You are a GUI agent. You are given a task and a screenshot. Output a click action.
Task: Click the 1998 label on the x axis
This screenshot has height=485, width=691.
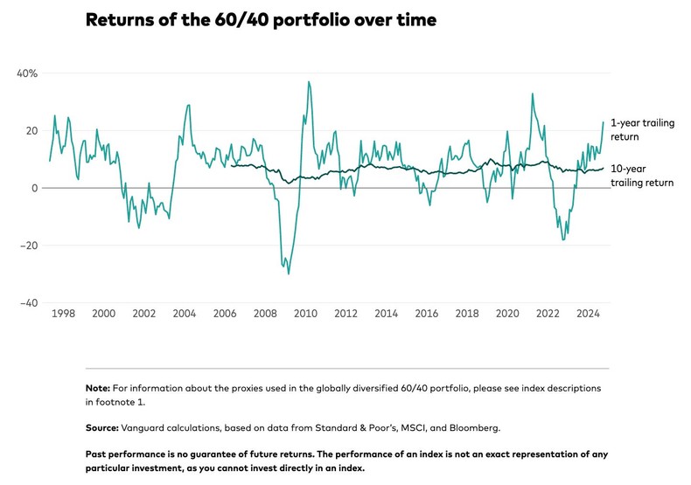pyautogui.click(x=63, y=314)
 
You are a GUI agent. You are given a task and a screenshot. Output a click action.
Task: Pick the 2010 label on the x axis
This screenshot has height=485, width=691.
pyautogui.click(x=305, y=314)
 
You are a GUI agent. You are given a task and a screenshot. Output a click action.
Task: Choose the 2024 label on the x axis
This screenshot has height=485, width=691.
pyautogui.click(x=588, y=314)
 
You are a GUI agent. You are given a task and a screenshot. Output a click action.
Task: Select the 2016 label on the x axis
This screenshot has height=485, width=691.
pyautogui.click(x=427, y=314)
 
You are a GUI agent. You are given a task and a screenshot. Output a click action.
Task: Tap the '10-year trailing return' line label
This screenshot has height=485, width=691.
pyautogui.click(x=640, y=176)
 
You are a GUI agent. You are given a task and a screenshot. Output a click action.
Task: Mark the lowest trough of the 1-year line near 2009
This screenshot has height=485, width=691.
pyautogui.click(x=289, y=274)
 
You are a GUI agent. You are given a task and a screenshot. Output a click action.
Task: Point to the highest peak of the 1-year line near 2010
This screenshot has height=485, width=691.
pyautogui.click(x=309, y=81)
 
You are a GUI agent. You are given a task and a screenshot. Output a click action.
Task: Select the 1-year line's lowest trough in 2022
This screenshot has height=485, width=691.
pyautogui.click(x=563, y=239)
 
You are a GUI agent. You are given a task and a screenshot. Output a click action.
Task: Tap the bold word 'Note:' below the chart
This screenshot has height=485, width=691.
pyautogui.click(x=97, y=387)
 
